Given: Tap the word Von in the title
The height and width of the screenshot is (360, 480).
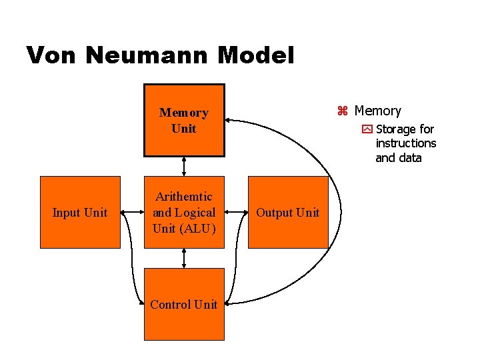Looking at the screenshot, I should [53, 55].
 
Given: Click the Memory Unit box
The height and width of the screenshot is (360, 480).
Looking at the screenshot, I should [184, 120].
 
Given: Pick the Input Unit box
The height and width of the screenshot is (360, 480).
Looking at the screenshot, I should [80, 212].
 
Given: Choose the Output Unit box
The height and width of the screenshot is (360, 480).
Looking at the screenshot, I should [288, 212].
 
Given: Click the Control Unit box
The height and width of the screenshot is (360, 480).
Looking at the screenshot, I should [184, 304].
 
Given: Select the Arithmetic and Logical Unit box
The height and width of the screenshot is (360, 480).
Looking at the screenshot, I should [184, 212].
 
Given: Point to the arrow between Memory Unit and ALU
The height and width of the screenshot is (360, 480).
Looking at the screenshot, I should [184, 166].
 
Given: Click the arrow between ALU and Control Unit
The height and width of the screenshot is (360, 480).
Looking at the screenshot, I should [184, 258].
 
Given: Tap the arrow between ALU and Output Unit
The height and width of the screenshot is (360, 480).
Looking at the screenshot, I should [237, 212].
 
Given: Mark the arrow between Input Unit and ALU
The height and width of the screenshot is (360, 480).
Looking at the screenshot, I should [132, 212].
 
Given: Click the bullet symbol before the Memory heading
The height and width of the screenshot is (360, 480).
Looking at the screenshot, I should [343, 111].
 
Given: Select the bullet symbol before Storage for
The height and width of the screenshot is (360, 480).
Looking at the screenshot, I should [367, 129].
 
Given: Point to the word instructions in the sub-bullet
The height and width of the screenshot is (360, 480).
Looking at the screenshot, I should [405, 143].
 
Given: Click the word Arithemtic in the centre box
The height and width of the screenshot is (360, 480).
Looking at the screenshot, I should [184, 197].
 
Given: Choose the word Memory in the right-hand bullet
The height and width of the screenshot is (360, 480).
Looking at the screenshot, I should [378, 111].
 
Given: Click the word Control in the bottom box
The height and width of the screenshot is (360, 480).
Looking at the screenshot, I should [169, 304].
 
